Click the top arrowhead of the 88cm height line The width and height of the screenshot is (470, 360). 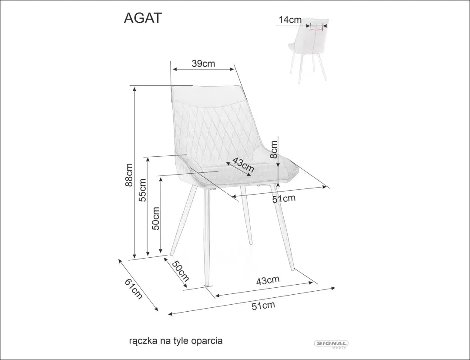(135, 87)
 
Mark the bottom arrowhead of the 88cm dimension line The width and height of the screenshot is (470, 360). (135, 258)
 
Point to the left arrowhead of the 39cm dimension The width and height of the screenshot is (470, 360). (174, 69)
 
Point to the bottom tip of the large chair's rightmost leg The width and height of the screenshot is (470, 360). (293, 270)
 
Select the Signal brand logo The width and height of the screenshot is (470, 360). (331, 344)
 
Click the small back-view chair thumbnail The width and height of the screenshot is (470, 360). (308, 50)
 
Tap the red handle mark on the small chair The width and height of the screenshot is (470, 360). (316, 29)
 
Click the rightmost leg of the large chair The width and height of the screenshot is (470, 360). (282, 227)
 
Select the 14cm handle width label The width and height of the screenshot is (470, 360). (290, 20)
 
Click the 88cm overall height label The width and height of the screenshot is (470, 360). (129, 175)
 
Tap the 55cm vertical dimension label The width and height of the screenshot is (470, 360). (143, 190)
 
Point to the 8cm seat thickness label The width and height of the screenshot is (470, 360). (273, 149)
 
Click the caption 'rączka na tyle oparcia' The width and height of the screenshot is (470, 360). (176, 341)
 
